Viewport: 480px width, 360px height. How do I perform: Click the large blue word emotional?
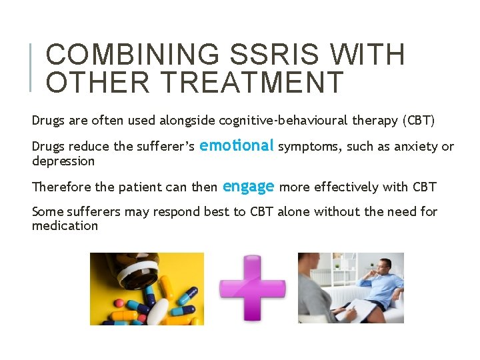[x=237, y=145]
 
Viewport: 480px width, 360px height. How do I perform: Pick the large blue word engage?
[x=248, y=187]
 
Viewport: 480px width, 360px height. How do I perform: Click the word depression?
[x=63, y=161]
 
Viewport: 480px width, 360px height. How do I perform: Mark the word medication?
[x=65, y=226]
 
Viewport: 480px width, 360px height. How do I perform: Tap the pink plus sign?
[x=251, y=287]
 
